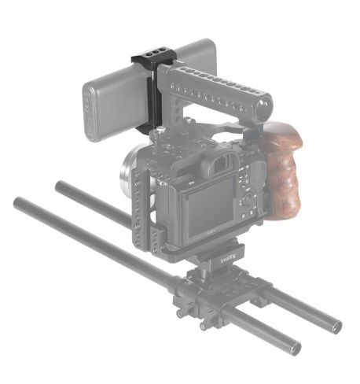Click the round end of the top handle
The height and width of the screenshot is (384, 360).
pos(263,100)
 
